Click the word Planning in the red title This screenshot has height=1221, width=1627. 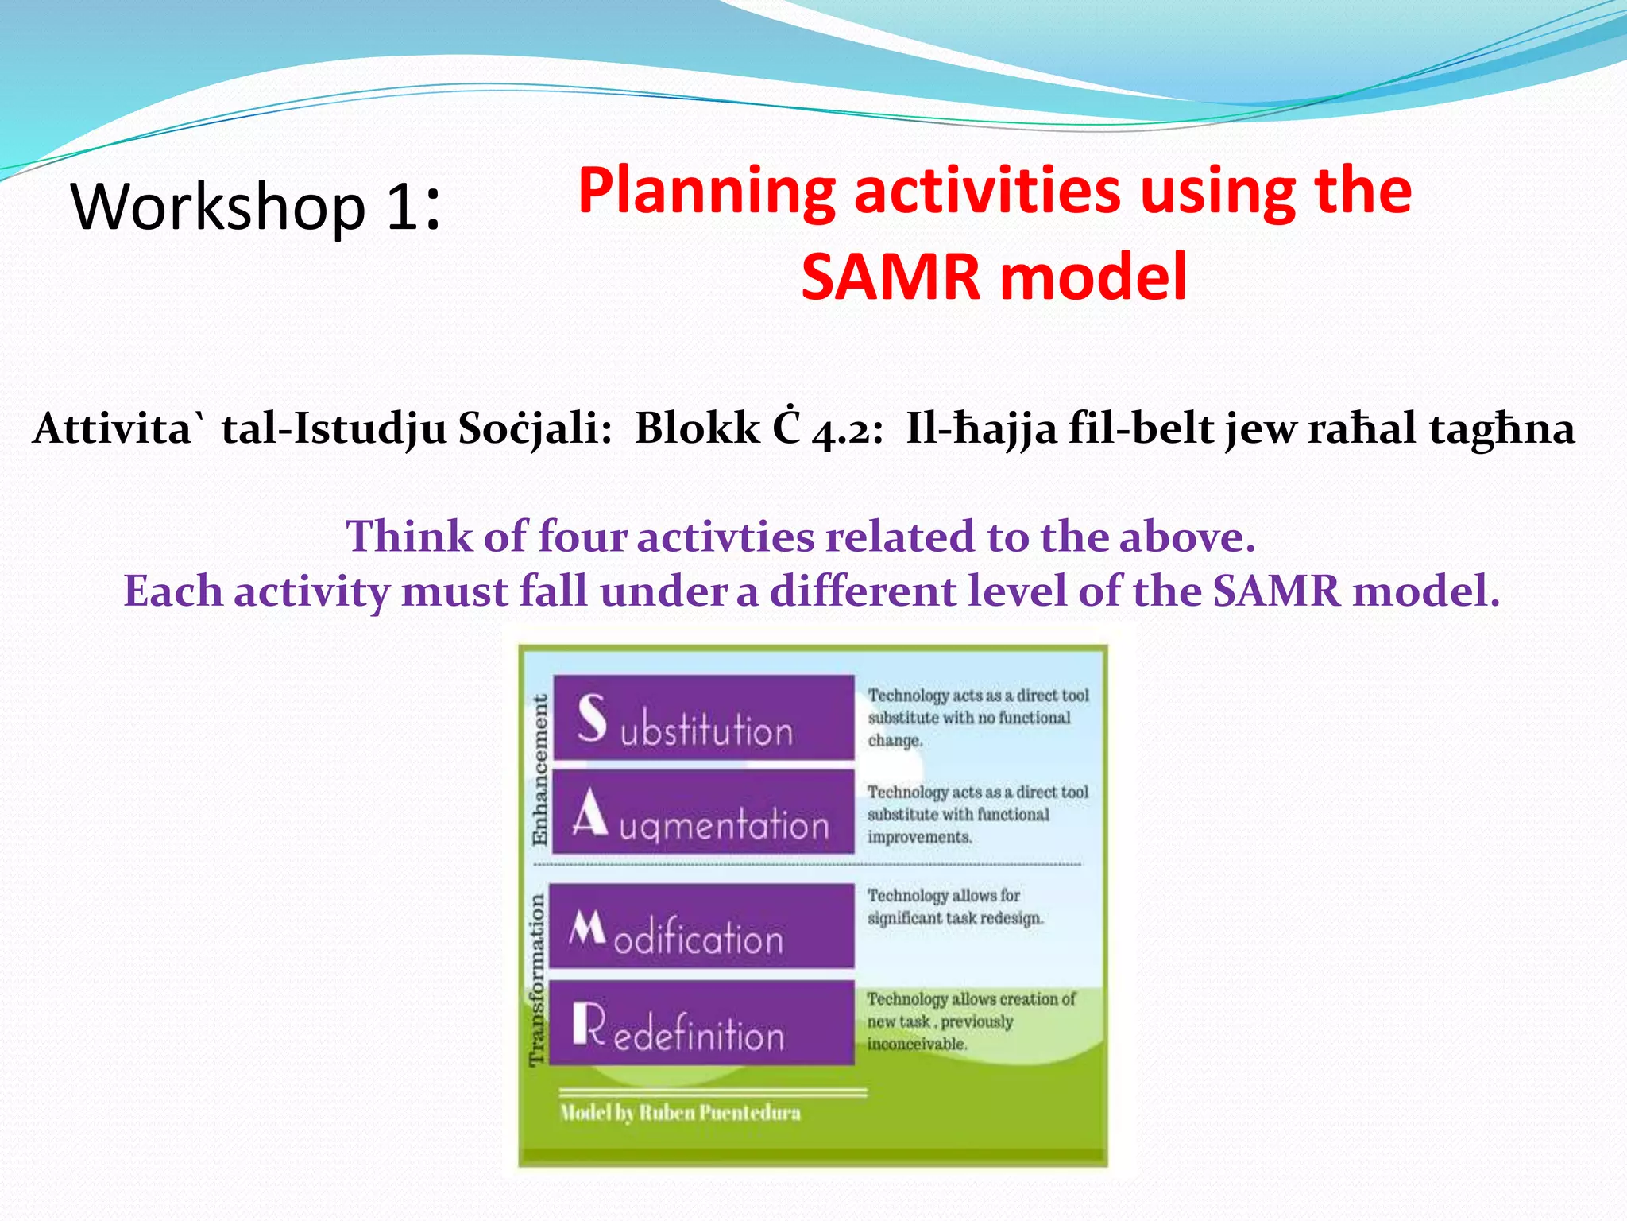point(706,192)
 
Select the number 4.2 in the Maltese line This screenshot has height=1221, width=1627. point(847,430)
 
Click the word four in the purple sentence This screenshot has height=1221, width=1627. point(582,537)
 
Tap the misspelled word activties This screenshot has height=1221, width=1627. point(725,537)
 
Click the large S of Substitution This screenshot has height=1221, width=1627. point(592,717)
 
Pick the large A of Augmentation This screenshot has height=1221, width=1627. point(590,814)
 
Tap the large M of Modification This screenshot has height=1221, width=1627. point(588,927)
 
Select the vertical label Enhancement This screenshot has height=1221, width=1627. point(540,769)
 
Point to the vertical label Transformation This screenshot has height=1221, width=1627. point(538,979)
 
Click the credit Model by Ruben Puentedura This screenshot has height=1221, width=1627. point(680,1113)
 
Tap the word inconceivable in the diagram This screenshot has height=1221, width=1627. point(917,1044)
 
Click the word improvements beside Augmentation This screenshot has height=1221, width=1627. point(919,837)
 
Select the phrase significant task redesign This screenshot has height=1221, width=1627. point(955,918)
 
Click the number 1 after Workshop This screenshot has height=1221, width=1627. point(402,207)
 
